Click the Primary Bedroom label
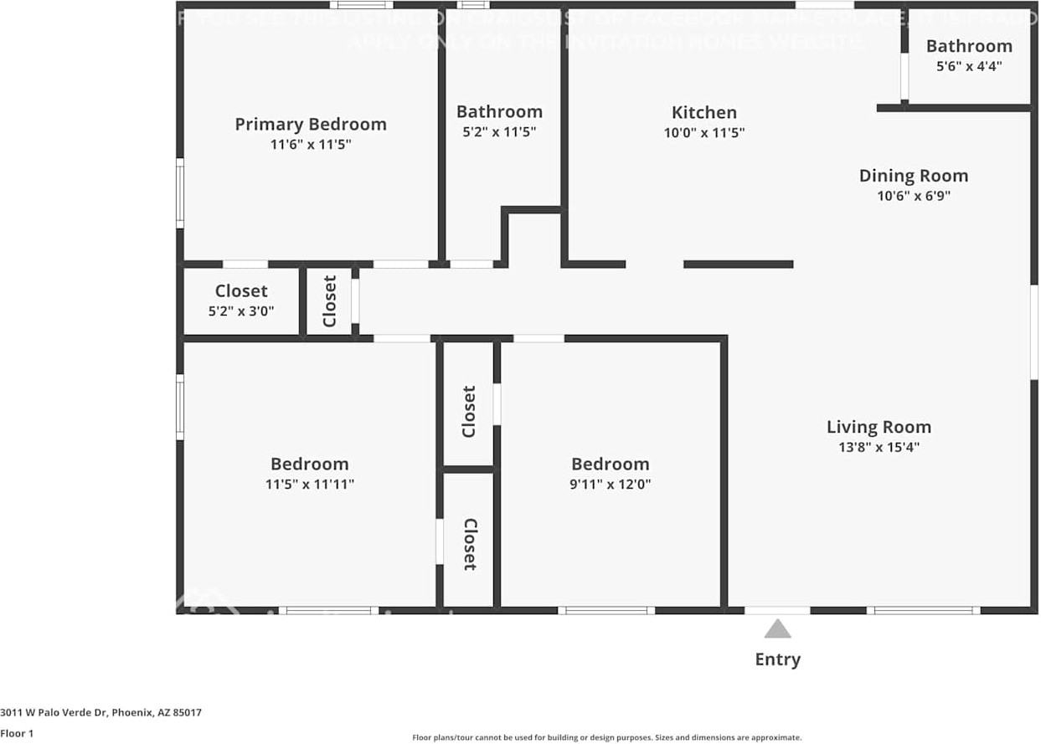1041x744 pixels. [310, 125]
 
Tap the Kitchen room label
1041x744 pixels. [704, 113]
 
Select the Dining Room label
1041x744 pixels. [913, 176]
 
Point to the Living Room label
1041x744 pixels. [879, 427]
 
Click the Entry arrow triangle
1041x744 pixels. [777, 629]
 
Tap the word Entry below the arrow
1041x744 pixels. [777, 659]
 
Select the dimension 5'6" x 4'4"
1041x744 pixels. [969, 66]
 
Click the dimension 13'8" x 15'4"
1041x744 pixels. [879, 448]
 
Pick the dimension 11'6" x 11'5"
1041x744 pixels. [310, 145]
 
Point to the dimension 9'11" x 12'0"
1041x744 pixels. [610, 485]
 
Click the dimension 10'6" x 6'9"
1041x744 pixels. [913, 197]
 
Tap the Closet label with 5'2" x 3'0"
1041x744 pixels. [241, 291]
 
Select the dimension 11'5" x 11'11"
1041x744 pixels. [309, 485]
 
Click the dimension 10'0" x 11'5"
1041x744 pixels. [704, 133]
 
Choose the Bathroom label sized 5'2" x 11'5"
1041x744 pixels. [499, 112]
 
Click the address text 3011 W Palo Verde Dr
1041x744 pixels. [100, 713]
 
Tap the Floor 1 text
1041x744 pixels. [17, 733]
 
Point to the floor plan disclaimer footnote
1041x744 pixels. [606, 737]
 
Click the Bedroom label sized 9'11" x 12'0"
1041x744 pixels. [610, 464]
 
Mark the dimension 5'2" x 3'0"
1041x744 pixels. [241, 311]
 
